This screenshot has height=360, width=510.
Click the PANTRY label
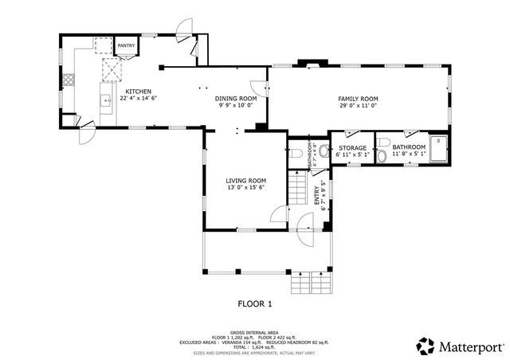coord(126,46)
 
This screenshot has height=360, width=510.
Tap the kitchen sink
coord(104,100)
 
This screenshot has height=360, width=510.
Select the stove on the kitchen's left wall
coord(69,80)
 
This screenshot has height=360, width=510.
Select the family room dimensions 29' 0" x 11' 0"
coord(357,105)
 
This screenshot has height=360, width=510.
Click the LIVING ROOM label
coord(247,181)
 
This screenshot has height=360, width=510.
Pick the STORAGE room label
coord(352,148)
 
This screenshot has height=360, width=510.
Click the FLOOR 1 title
coord(255,303)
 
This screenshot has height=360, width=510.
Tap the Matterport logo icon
coord(426,346)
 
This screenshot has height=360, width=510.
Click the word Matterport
coord(473,346)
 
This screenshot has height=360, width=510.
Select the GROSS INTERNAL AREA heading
coord(255,331)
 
